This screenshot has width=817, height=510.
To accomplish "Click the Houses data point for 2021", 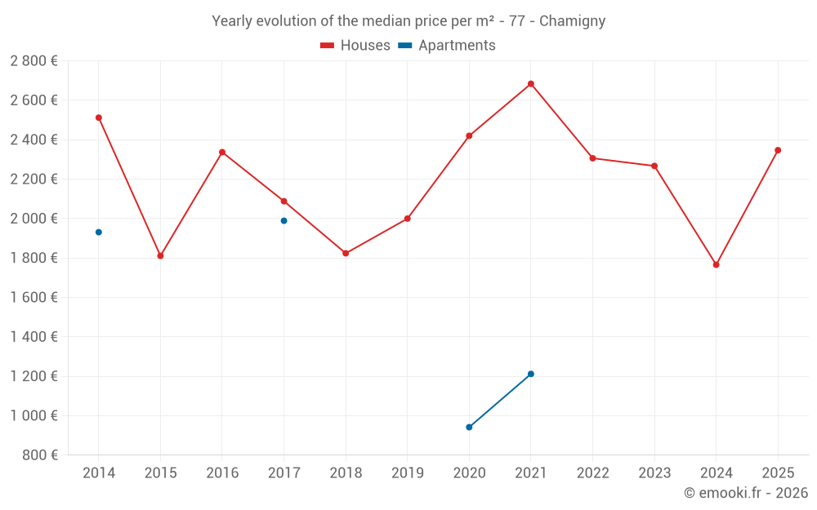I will coord(531,84).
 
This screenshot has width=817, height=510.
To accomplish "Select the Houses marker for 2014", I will coord(99,118).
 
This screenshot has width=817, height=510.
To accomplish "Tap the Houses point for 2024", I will coord(717,264).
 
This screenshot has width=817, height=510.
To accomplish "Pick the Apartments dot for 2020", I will coord(469,427).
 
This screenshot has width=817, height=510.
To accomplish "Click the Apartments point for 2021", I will coord(531,374).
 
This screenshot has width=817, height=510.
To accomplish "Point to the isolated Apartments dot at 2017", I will coord(284,220).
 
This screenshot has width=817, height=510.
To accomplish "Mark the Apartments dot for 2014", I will coord(99,233).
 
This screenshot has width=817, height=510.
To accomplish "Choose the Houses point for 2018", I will coord(346,253).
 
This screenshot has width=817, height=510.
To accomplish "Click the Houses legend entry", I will coord(355,46).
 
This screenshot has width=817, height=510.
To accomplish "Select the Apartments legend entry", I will coord(448,46).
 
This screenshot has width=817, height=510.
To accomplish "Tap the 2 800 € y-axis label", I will coord(33,61).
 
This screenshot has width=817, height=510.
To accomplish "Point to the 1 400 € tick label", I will coord(33,336).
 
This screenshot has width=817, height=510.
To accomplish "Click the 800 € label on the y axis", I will coord(39,455).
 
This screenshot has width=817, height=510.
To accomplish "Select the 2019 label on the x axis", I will coord(408,472).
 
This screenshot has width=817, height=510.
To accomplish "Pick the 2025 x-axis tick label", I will coord(778,472).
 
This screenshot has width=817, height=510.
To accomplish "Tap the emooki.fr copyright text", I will coord(746,493).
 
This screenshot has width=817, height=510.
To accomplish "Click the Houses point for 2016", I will coord(222,152).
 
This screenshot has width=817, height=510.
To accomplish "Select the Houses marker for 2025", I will coord(778,150).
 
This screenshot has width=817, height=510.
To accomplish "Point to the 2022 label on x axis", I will coord(592,472).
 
